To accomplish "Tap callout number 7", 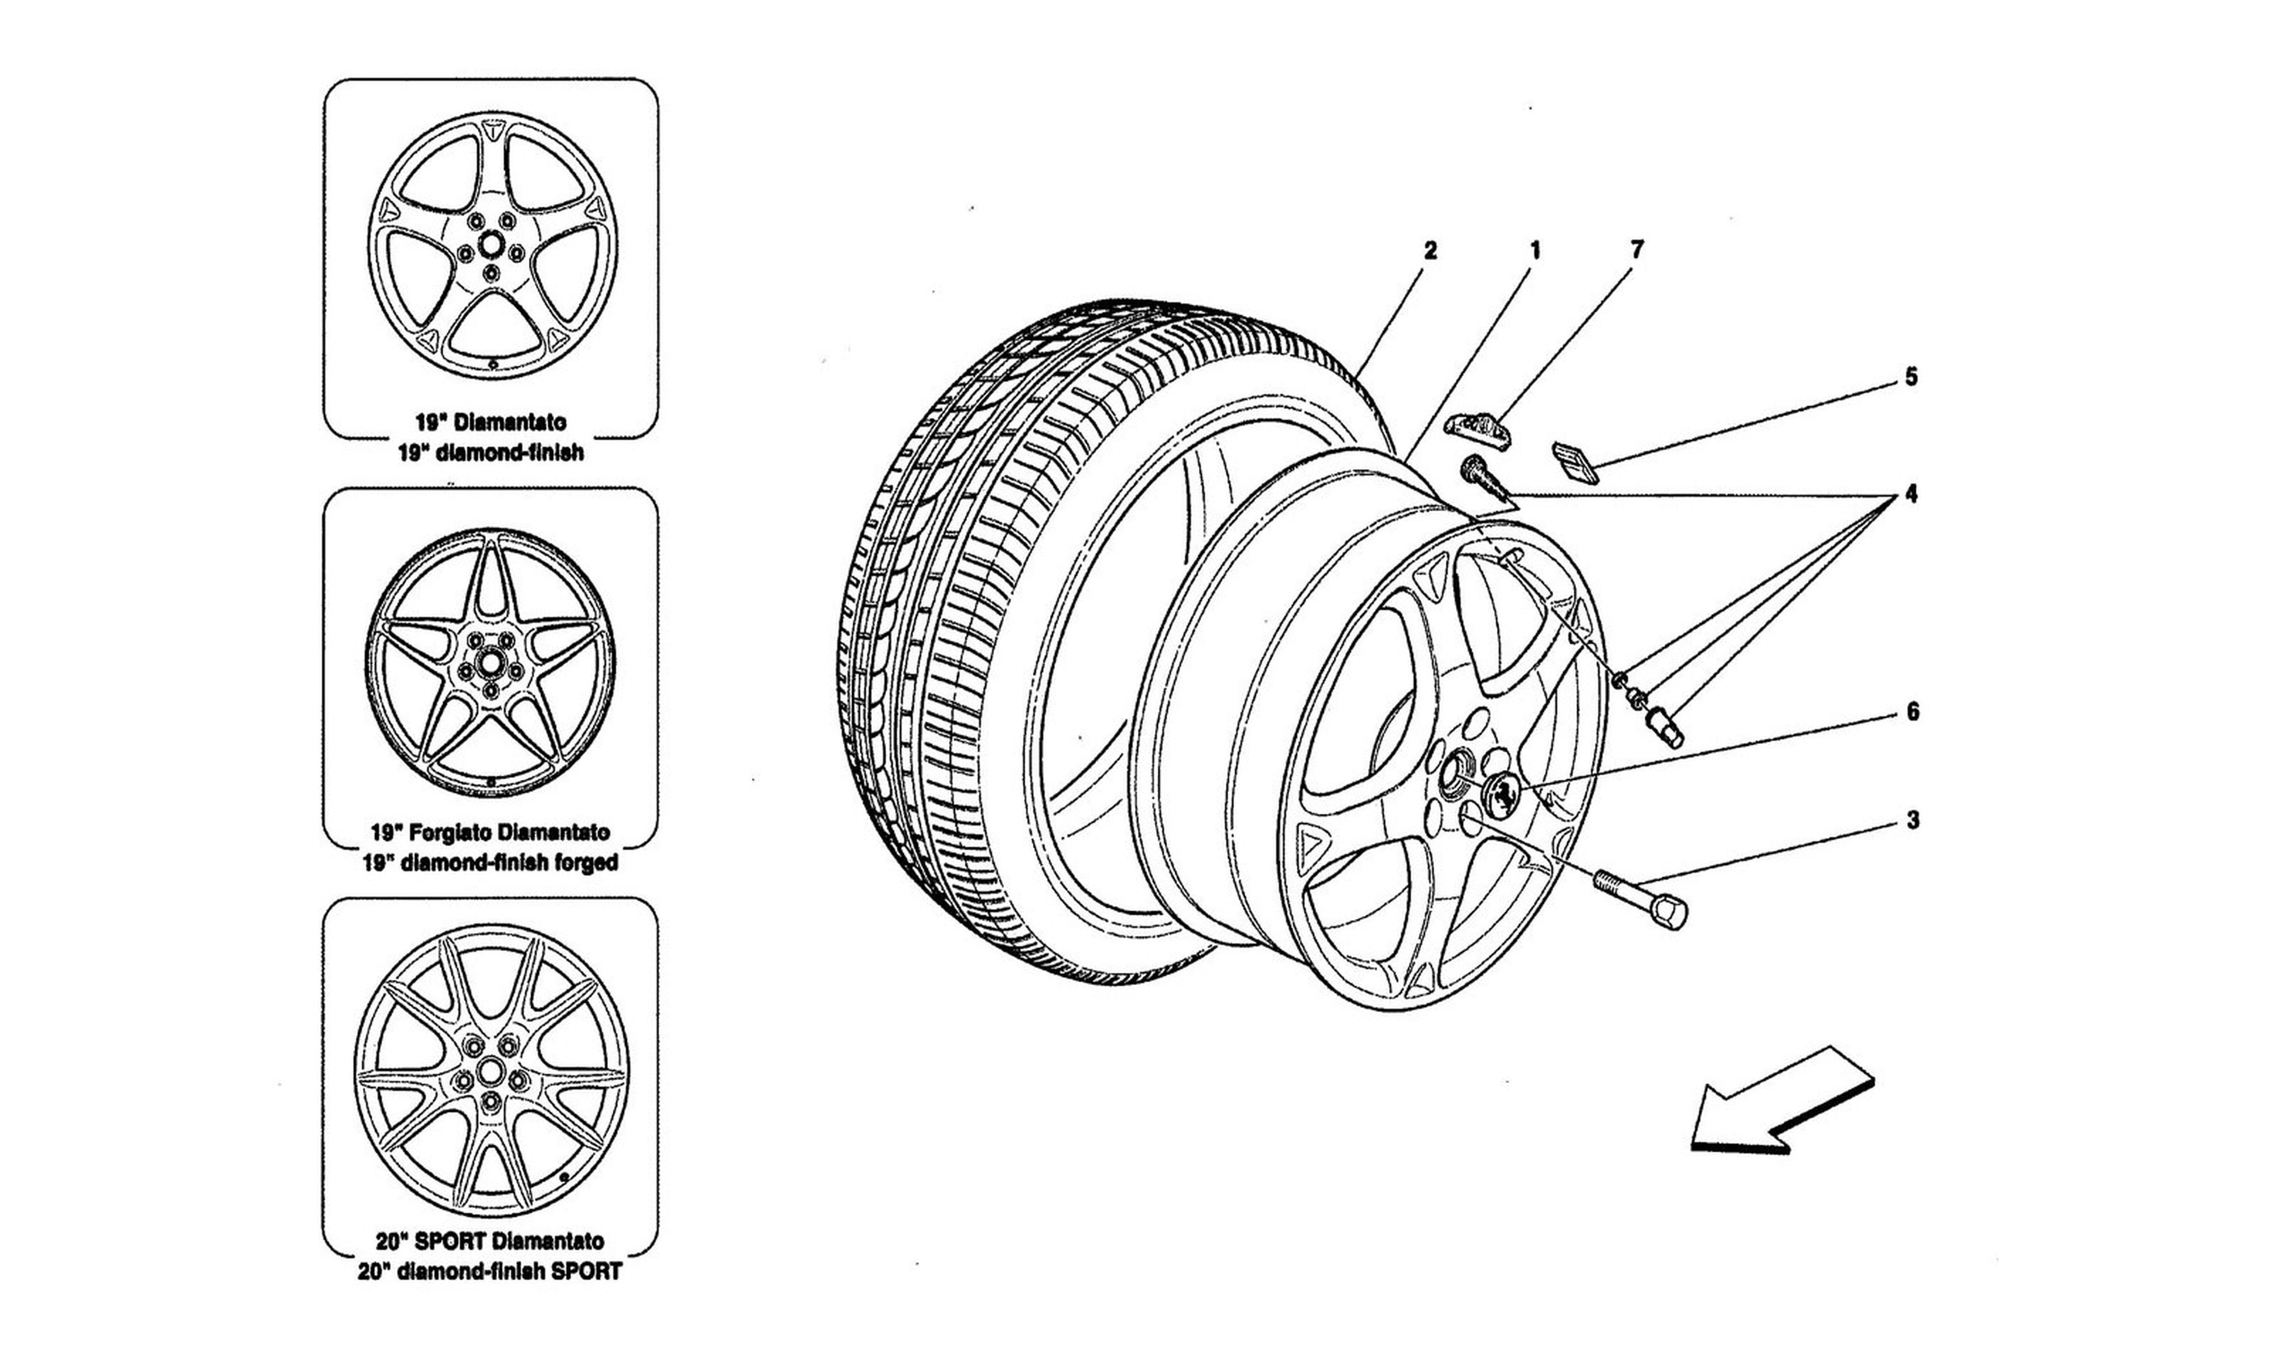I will [1637, 250].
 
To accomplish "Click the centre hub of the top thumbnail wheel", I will [491, 246].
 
